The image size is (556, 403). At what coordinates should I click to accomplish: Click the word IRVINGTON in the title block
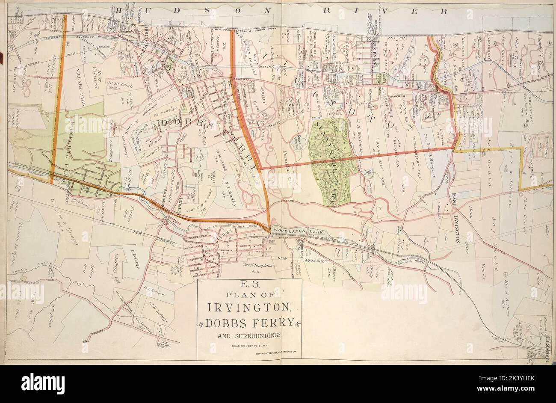[250, 308]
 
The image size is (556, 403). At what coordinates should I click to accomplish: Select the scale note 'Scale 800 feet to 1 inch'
[249, 345]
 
